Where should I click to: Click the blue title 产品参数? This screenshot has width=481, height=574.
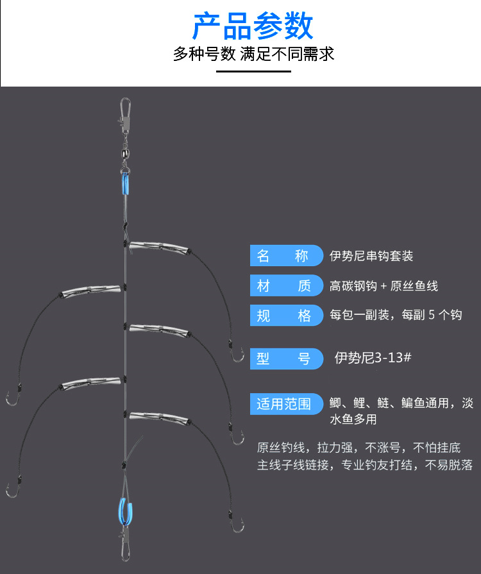click(253, 26)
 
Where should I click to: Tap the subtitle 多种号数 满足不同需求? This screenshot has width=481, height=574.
click(253, 54)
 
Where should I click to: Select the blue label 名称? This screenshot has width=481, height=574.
click(283, 256)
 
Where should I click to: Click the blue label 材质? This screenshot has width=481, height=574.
click(283, 286)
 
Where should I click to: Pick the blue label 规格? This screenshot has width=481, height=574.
click(283, 316)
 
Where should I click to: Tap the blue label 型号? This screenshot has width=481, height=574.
click(283, 359)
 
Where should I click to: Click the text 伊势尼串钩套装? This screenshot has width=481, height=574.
click(371, 257)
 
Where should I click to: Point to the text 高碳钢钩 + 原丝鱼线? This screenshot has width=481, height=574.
click(384, 286)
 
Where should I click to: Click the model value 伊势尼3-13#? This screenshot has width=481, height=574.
click(373, 358)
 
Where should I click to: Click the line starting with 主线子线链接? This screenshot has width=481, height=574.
click(365, 465)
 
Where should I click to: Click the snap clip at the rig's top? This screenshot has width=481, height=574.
click(125, 111)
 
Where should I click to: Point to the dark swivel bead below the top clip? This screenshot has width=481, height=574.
click(125, 137)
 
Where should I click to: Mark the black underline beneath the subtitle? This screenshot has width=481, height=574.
click(253, 71)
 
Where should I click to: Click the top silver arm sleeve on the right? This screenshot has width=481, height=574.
click(159, 246)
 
